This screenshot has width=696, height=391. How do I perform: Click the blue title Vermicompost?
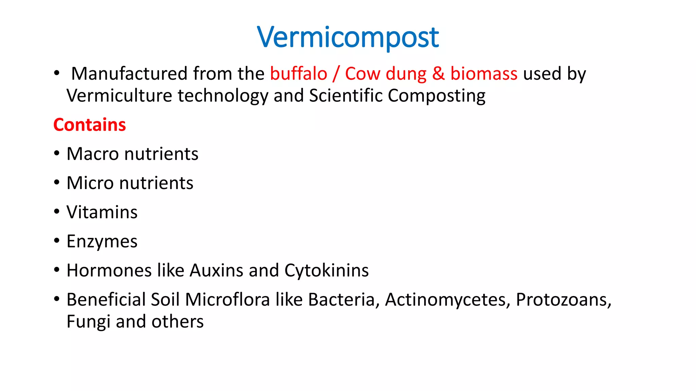[x=348, y=37]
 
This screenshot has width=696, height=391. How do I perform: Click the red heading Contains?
[x=89, y=125]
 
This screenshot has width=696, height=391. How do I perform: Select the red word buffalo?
[x=298, y=74]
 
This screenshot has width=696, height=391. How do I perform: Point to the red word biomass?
[x=484, y=74]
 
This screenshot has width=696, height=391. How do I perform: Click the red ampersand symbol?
[x=438, y=74]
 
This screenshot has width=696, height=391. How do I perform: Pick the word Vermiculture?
[x=119, y=96]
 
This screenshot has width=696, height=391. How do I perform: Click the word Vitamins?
[x=102, y=212]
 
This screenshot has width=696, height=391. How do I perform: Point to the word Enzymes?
[x=102, y=242]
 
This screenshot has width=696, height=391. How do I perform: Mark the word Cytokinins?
[x=326, y=271]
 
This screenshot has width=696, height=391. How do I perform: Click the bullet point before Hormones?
[x=57, y=270]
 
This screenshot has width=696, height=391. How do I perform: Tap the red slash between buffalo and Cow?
[x=336, y=74]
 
